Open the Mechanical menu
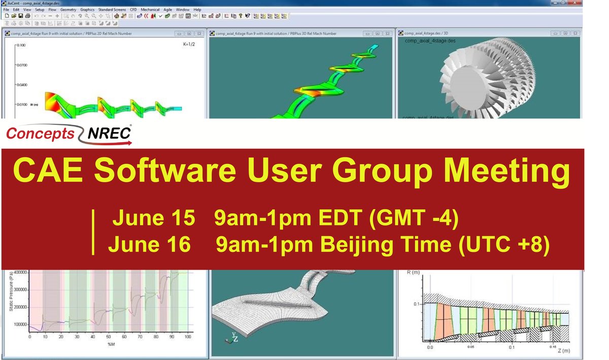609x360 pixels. [x=150, y=10]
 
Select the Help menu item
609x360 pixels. [x=197, y=10]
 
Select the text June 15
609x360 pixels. [x=153, y=219]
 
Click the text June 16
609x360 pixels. [x=149, y=245]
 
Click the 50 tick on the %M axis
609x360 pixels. [x=108, y=337]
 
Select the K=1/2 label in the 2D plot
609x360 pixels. [x=191, y=45]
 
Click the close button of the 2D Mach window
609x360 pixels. [x=200, y=34]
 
